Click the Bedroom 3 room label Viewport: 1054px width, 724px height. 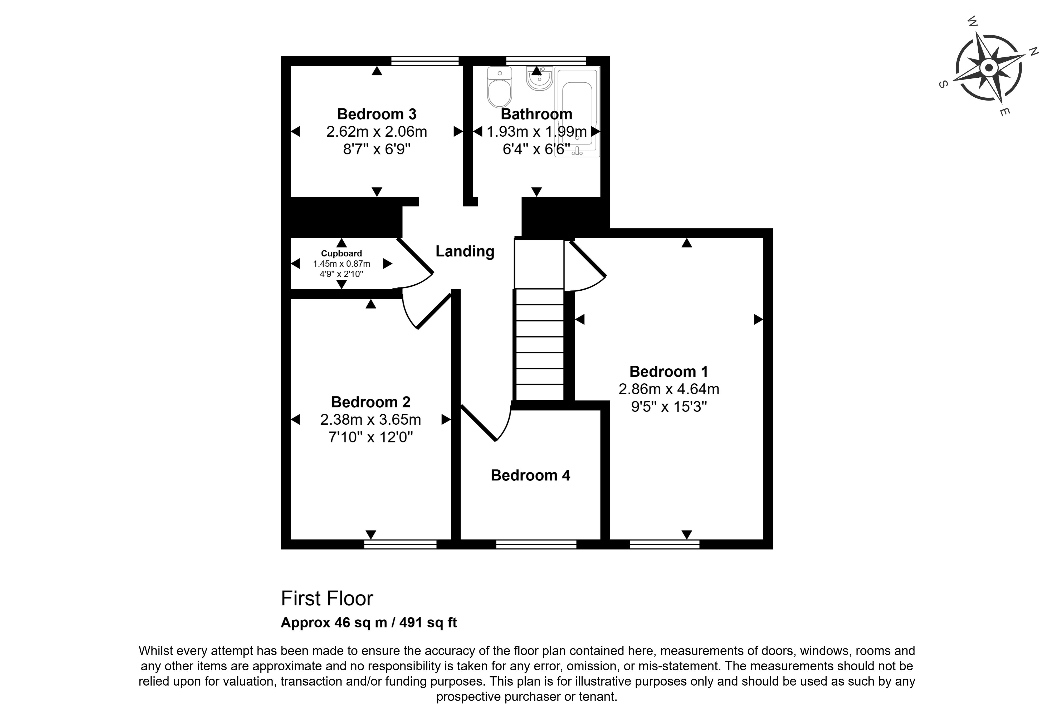tap(377, 114)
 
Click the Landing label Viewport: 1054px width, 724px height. tap(465, 251)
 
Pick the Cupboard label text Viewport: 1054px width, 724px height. tap(341, 254)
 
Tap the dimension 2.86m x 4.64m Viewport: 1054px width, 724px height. tap(668, 389)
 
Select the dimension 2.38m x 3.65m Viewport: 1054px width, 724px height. tap(370, 420)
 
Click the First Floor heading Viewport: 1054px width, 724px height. tap(327, 598)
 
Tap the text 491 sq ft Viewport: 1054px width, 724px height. tap(428, 622)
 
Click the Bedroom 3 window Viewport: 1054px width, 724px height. tap(425, 61)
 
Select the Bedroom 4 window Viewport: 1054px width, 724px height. tap(536, 544)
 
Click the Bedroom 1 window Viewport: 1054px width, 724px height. tap(665, 544)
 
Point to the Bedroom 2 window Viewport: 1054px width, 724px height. tap(400, 544)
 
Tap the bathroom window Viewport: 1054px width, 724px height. tap(546, 61)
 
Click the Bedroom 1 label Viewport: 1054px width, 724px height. tap(668, 371)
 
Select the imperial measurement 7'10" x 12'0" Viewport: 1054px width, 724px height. tap(370, 437)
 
